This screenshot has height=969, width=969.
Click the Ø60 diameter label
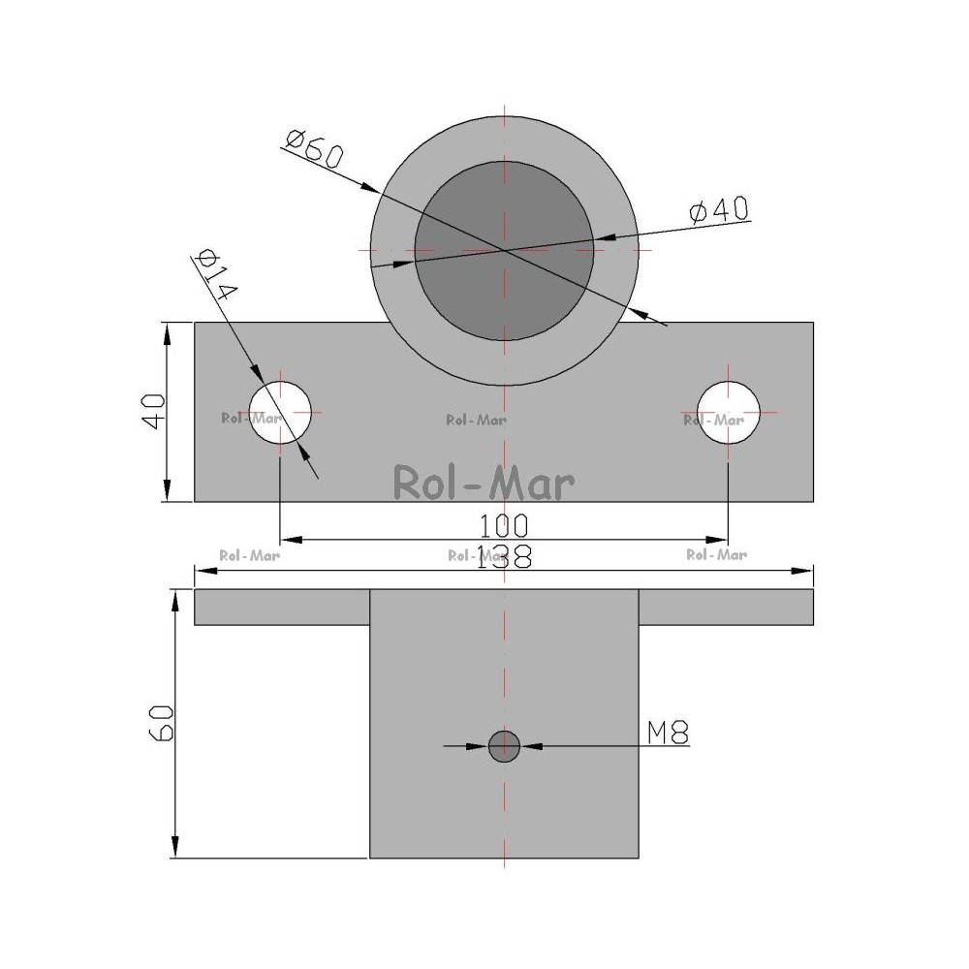pyautogui.click(x=314, y=149)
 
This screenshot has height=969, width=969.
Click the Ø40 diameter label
pyautogui.click(x=719, y=210)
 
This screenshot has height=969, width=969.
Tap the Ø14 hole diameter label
pyautogui.click(x=214, y=274)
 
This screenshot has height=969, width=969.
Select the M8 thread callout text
pyautogui.click(x=668, y=733)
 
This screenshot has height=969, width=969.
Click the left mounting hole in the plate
pyautogui.click(x=280, y=412)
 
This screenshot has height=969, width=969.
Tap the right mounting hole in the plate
pyautogui.click(x=728, y=412)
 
